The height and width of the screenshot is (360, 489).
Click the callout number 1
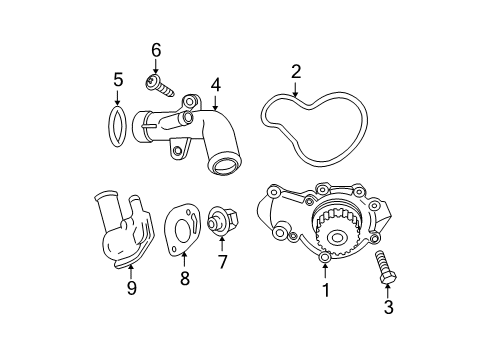[324, 291]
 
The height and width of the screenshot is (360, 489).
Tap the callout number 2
[296, 70]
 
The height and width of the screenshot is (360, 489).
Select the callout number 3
[387, 307]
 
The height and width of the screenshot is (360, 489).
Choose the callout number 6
[155, 50]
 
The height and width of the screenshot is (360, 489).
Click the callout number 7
[222, 262]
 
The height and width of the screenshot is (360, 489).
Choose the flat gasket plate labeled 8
[180, 232]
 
